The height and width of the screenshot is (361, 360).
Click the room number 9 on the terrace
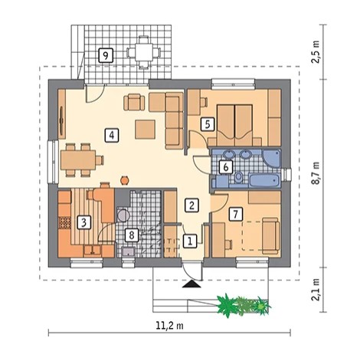click(x=106, y=55)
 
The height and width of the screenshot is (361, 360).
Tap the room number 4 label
click(x=112, y=135)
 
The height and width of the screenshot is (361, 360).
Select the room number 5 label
click(x=208, y=124)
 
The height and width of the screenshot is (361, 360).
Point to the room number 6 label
click(x=226, y=167)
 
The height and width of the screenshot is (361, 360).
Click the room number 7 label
click(x=236, y=214)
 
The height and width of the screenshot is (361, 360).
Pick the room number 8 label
click(x=132, y=235)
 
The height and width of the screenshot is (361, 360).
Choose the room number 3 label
click(x=84, y=222)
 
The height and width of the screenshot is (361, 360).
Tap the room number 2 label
click(x=191, y=205)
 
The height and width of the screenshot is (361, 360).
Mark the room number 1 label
click(x=190, y=241)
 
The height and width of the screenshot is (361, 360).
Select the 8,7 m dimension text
click(x=316, y=172)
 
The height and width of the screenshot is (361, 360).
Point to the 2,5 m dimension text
click(x=316, y=51)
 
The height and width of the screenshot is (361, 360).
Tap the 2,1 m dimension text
click(x=316, y=290)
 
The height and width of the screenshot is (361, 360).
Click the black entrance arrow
click(x=192, y=284)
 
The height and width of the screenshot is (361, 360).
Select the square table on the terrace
click(x=144, y=52)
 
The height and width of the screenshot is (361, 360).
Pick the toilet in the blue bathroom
click(x=238, y=177)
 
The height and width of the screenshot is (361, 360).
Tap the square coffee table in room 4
click(x=145, y=130)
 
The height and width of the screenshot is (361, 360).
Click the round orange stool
click(x=125, y=180)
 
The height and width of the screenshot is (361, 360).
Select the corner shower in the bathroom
click(x=272, y=159)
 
